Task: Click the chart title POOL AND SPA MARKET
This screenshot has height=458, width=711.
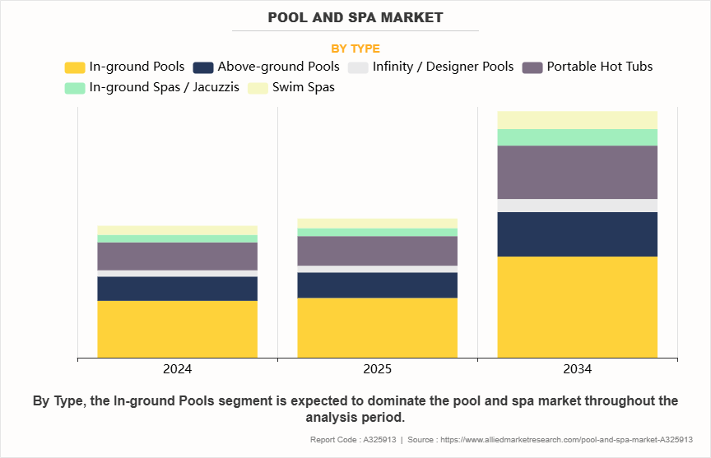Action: tap(355, 17)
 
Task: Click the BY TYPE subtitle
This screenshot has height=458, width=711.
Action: tap(355, 49)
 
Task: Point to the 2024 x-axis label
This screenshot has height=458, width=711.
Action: tap(177, 369)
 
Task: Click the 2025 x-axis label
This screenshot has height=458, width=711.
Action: tap(377, 369)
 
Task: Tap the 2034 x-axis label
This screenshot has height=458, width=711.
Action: tap(577, 369)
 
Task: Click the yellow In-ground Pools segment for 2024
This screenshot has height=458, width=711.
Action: tap(177, 329)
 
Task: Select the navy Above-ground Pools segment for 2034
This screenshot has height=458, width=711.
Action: tap(577, 234)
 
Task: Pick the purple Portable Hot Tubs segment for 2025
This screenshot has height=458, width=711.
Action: tap(377, 250)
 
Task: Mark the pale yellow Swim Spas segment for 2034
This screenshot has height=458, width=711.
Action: tap(577, 119)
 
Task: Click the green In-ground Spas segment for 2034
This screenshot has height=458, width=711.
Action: tap(577, 137)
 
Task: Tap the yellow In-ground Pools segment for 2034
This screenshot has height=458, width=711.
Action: tap(577, 307)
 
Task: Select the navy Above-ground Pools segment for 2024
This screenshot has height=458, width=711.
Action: tap(177, 289)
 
